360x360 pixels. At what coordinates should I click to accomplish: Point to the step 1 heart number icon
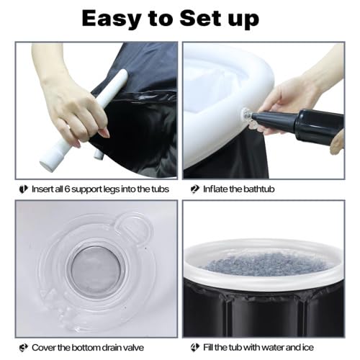coord(24,189)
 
